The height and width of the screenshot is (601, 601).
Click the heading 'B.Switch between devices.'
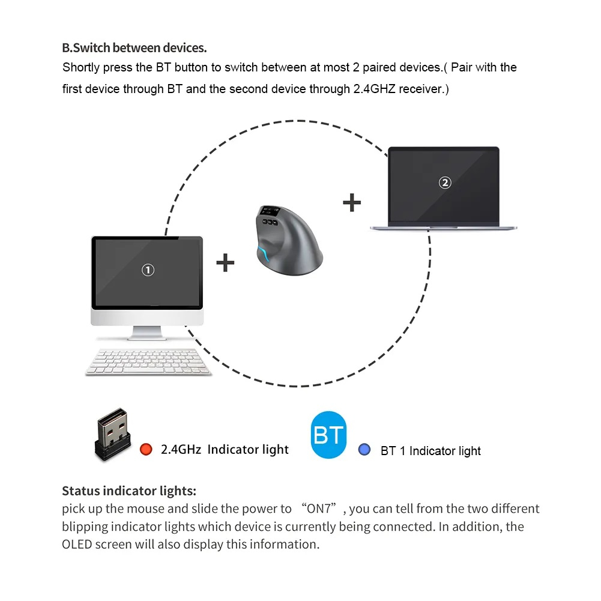pyautogui.click(x=134, y=47)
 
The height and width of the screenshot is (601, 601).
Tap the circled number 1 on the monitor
pyautogui.click(x=148, y=270)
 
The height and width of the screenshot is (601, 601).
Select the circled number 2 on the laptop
pyautogui.click(x=445, y=183)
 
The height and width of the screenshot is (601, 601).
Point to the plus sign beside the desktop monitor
pyautogui.click(x=225, y=262)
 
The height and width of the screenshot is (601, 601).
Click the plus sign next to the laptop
pyautogui.click(x=352, y=202)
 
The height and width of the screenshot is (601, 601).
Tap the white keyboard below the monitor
pyautogui.click(x=148, y=362)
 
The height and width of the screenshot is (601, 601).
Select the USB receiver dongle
pyautogui.click(x=112, y=433)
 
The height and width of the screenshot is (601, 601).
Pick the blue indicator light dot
pyautogui.click(x=364, y=449)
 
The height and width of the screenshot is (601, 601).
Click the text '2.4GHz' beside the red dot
pyautogui.click(x=181, y=450)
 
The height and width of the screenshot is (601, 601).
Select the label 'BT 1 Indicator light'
pyautogui.click(x=430, y=451)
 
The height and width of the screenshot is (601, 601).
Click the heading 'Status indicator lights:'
pyautogui.click(x=129, y=491)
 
